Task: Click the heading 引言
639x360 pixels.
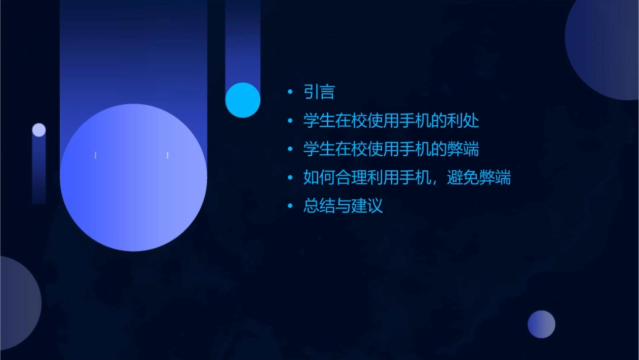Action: tap(319, 92)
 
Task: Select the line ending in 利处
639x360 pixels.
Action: tap(391, 121)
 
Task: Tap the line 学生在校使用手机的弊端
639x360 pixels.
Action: tap(391, 149)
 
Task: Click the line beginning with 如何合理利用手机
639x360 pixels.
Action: tap(406, 178)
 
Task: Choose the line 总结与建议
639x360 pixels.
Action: tap(343, 207)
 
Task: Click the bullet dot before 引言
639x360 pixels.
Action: tap(290, 93)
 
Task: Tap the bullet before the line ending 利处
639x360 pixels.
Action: tap(290, 122)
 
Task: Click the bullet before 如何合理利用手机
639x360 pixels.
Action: tap(290, 179)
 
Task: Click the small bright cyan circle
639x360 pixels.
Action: tap(243, 100)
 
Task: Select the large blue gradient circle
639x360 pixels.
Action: tap(133, 178)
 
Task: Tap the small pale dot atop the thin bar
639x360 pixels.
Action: tap(39, 130)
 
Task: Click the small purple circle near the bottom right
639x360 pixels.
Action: tap(541, 324)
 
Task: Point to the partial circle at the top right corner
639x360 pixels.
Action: tap(605, 47)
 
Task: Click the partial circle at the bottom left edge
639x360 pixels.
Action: tap(17, 303)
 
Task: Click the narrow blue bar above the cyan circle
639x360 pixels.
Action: tap(243, 40)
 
